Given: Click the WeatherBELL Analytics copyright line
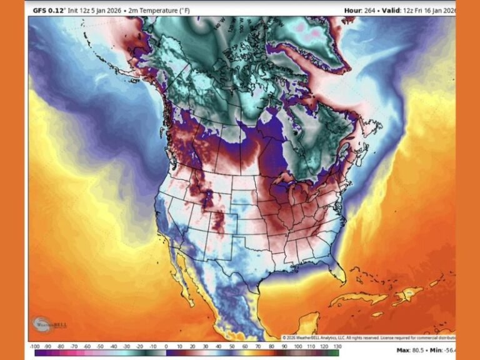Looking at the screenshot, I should coord(369,338).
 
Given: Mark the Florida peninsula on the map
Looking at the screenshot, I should coord(339,273).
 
